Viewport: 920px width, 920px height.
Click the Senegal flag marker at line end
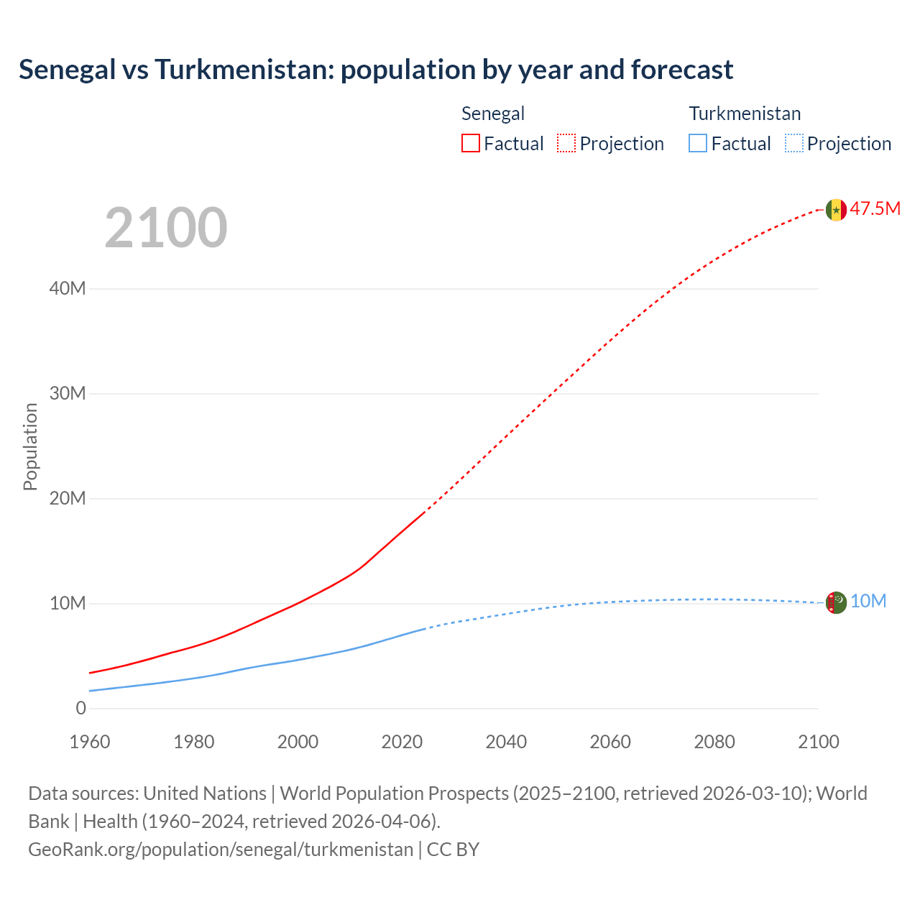[835, 210]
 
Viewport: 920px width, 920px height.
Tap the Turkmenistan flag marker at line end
[835, 602]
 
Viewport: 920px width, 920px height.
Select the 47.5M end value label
[875, 209]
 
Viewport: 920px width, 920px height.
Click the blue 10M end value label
[868, 602]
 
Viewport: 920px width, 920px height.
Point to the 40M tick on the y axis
[68, 288]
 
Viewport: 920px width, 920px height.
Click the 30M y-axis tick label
[68, 393]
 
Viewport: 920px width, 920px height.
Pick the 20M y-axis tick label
[68, 498]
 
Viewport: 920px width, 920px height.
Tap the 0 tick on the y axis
[80, 708]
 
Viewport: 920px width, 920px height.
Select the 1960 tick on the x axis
[90, 742]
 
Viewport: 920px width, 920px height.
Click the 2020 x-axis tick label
[402, 742]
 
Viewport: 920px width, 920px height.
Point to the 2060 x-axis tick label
[610, 742]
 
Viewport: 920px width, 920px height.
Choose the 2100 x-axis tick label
[818, 742]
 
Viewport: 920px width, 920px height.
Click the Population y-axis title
[30, 446]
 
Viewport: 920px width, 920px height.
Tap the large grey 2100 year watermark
[166, 228]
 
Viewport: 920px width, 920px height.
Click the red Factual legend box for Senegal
[470, 143]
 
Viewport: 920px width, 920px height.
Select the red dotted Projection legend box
[566, 143]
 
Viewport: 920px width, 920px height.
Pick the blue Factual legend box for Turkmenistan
[697, 143]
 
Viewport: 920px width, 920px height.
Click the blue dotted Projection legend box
[793, 143]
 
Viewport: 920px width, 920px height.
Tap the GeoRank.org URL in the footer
[221, 850]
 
